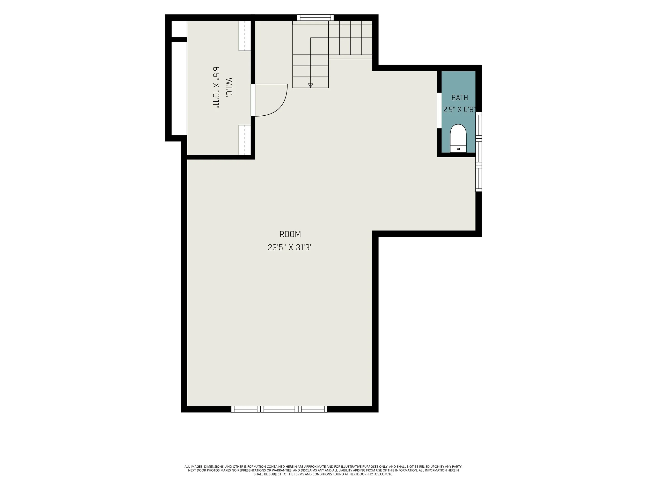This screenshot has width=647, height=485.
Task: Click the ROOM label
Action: [290, 234]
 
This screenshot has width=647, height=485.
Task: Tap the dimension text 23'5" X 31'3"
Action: [290, 248]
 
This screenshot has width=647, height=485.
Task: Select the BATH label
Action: [460, 98]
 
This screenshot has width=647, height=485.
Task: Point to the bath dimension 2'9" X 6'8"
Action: [459, 109]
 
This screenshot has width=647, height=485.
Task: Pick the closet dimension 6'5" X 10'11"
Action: [216, 88]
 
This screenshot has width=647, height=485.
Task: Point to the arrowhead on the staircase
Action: [311, 85]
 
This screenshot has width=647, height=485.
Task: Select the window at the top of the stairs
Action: [315, 18]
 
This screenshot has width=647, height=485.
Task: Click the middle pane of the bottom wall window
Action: [279, 409]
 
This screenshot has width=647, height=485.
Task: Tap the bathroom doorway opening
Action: [439, 110]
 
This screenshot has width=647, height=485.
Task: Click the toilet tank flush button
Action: [458, 149]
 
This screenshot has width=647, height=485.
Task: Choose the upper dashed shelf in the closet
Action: [245, 36]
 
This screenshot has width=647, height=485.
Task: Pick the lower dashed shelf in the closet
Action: [245, 140]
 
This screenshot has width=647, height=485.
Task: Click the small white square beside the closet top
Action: [179, 29]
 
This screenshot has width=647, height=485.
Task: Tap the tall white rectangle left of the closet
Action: [179, 88]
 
